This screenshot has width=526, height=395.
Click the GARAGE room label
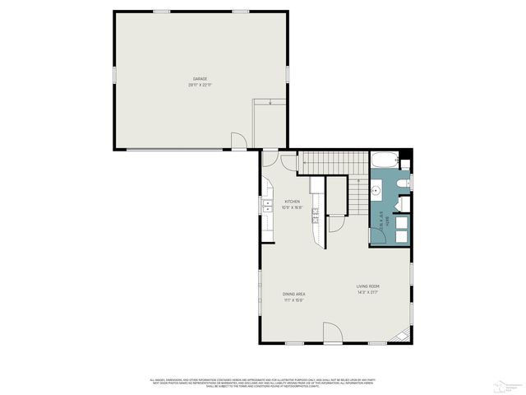pos(201,79)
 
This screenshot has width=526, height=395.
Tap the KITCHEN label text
pos(293,202)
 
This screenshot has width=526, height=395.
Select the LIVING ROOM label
pos(367,286)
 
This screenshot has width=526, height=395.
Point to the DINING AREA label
pos(294,294)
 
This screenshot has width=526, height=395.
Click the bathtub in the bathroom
pos(385,160)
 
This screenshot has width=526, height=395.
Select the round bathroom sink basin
pos(376,191)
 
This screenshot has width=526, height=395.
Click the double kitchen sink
pos(268,206)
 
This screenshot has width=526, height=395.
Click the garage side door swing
pos(238,142)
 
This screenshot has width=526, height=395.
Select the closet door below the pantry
pos(335,223)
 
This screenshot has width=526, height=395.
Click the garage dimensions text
pos(201,85)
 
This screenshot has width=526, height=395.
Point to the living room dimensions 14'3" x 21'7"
pos(367,292)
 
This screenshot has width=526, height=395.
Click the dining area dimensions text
pos(294,300)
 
